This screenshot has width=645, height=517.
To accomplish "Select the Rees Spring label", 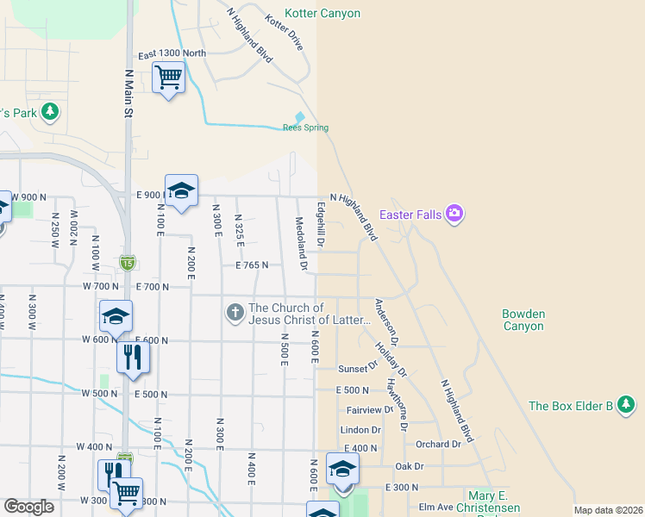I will (305, 128).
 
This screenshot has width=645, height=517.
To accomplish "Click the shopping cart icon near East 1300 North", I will (168, 78).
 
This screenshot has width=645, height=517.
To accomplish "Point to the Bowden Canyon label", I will (523, 320).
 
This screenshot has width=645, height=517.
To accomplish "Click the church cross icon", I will (235, 312).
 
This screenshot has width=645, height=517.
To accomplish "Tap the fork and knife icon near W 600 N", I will (131, 356).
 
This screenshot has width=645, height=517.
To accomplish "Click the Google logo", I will (28, 507).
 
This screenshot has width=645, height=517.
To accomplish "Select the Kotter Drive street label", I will (284, 32).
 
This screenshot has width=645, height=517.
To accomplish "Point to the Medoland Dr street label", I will (302, 244).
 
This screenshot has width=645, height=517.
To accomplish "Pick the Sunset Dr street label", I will (358, 367).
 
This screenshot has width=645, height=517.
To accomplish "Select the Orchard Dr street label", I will (438, 445).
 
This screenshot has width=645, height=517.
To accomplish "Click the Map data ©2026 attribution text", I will (608, 510).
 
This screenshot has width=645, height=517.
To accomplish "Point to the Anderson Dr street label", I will (385, 317).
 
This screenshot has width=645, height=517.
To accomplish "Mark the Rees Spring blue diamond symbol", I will (300, 116).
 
